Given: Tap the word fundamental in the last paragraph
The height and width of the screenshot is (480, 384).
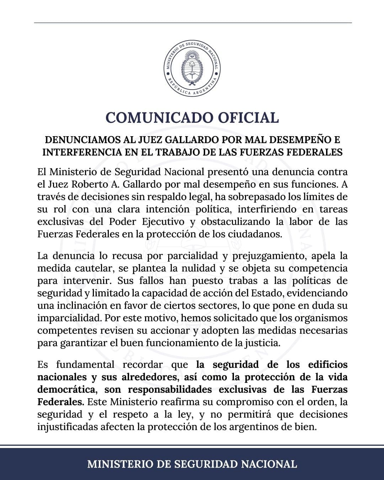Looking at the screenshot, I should (x=85, y=364).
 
